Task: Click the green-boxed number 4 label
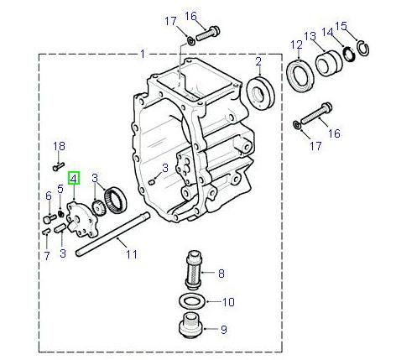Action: pos(74,178)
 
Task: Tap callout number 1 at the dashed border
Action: pos(143,54)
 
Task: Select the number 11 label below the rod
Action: pos(129,253)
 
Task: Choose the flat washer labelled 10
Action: pos(192,300)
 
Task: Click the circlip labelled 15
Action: pos(362,50)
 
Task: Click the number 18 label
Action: pos(59,147)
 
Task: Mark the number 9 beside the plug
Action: pos(224,330)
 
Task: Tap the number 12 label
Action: pos(296,44)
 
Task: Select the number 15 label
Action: pos(364,26)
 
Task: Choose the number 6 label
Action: pos(48,196)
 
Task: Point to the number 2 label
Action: pos(258,60)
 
